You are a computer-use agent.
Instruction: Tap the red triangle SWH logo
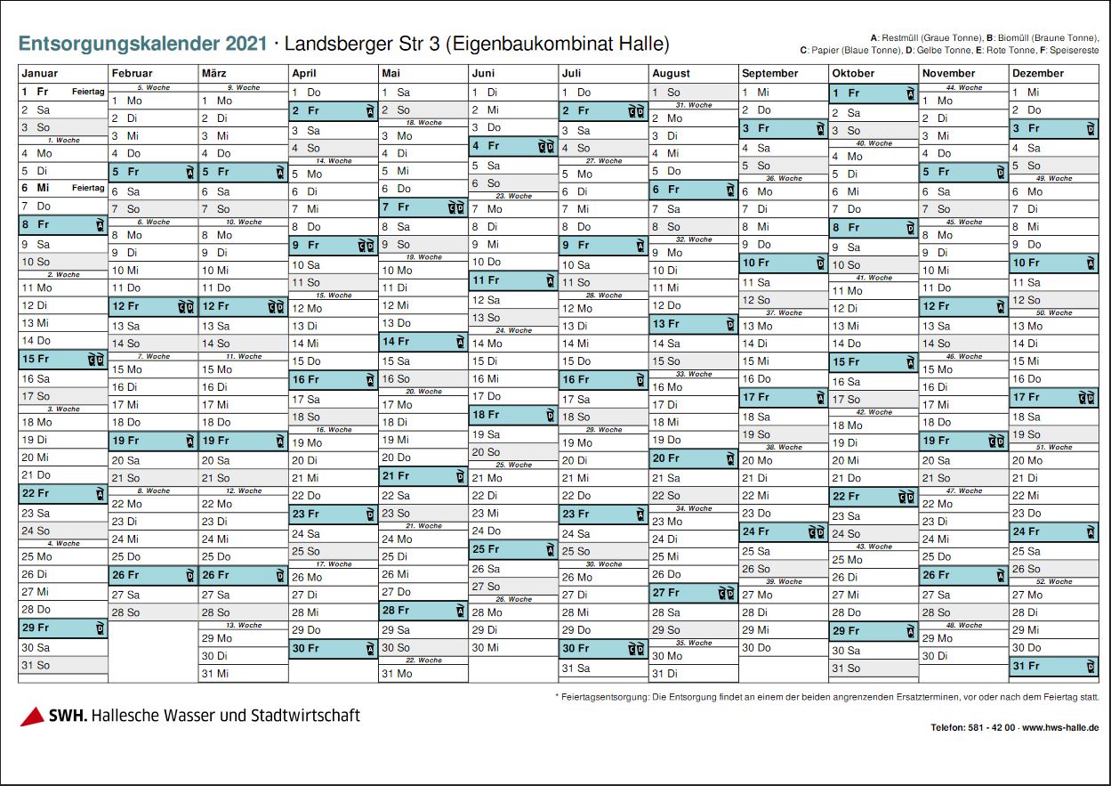coord(32,717)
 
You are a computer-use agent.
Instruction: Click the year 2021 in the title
coord(246,44)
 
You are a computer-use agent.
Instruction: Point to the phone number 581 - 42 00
coord(990,728)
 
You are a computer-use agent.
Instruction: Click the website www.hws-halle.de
coord(1060,728)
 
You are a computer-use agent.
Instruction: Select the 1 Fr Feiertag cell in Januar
coord(62,92)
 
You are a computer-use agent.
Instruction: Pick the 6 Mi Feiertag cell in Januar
coord(62,188)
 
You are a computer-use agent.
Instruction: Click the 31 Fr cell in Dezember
coord(1053,666)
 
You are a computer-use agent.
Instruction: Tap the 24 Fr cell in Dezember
coord(1053,532)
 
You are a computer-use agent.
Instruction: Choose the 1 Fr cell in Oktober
coord(873,93)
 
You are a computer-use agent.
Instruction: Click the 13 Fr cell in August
coord(693,324)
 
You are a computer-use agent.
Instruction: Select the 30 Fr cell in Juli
coord(603,649)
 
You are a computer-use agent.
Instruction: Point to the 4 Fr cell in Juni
coord(512,146)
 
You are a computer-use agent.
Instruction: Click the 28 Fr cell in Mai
coord(423,611)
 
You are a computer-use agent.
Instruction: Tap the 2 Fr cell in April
coord(333,111)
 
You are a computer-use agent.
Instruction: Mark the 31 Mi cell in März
coord(243,674)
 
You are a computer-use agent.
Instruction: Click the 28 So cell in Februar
coord(153,612)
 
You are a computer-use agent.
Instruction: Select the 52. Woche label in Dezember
coord(1053,581)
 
